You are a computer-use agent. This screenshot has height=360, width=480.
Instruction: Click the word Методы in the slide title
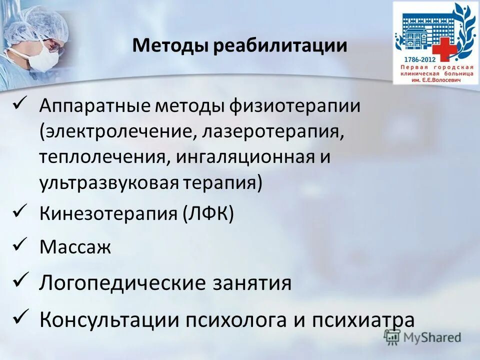tap(171, 46)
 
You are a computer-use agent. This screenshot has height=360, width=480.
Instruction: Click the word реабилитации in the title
tap(280, 46)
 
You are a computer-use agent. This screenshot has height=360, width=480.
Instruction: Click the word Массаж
tap(75, 247)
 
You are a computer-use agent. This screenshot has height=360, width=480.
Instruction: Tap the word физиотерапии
tap(295, 106)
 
